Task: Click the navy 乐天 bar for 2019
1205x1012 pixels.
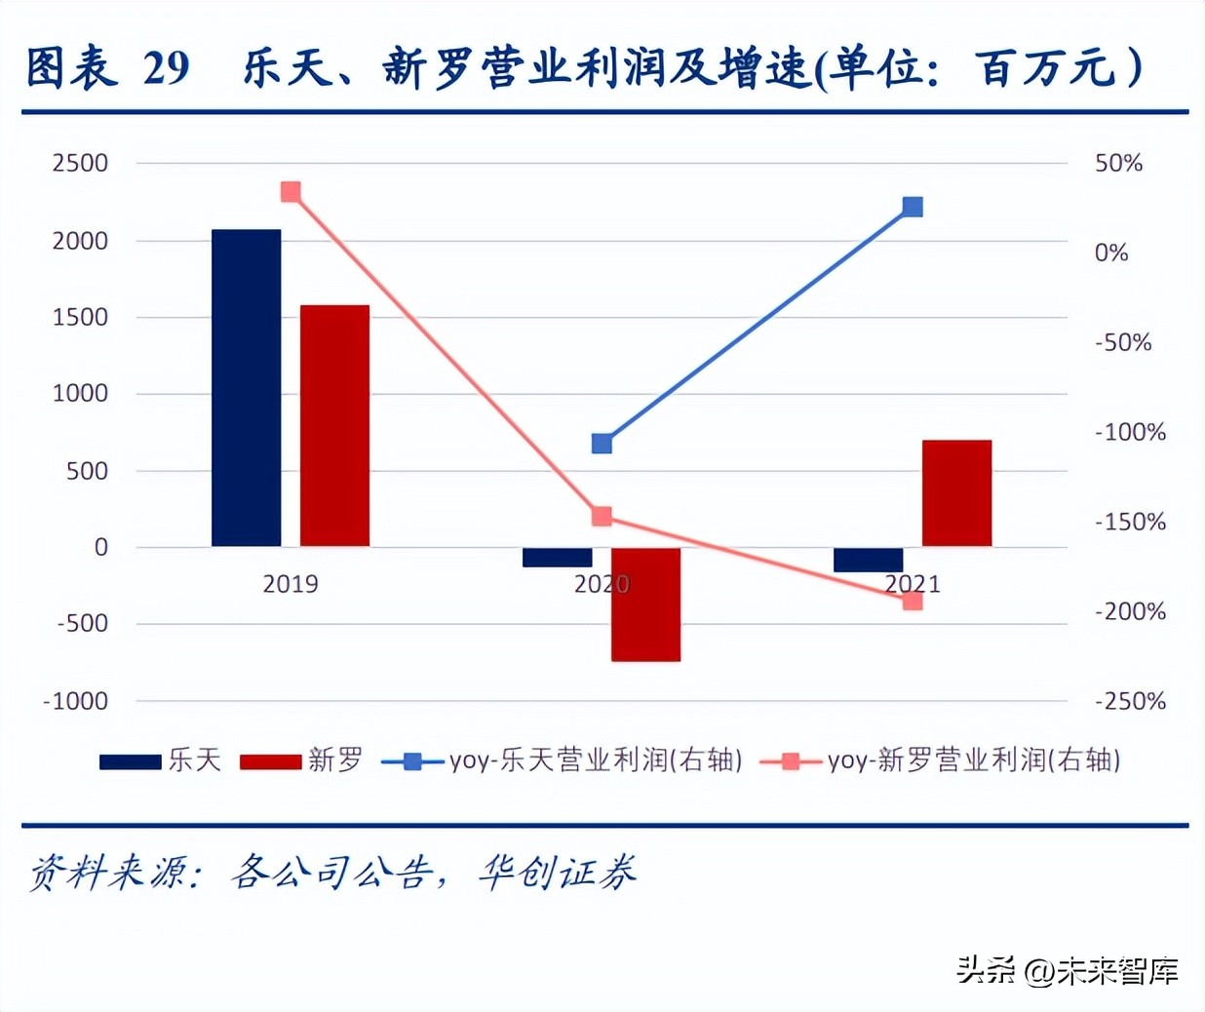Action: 246,388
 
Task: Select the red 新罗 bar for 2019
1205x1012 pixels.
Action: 334,426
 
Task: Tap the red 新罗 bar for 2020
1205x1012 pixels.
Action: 645,604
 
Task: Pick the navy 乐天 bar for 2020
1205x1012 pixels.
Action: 557,558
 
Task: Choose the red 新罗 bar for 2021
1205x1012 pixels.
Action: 956,493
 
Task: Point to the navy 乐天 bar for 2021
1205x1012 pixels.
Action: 868,560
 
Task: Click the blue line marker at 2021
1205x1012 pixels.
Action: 913,207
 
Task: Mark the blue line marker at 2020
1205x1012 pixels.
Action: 602,444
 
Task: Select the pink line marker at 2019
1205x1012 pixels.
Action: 291,192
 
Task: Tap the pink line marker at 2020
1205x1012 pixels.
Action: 602,517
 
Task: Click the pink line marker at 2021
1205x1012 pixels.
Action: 913,601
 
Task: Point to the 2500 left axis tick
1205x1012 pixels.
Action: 80,163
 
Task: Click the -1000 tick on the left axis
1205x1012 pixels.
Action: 76,701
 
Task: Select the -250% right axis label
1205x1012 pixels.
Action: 1130,701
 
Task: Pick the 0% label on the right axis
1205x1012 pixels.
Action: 1110,253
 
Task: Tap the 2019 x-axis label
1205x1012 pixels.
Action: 291,584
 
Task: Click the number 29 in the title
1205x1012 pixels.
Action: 166,68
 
